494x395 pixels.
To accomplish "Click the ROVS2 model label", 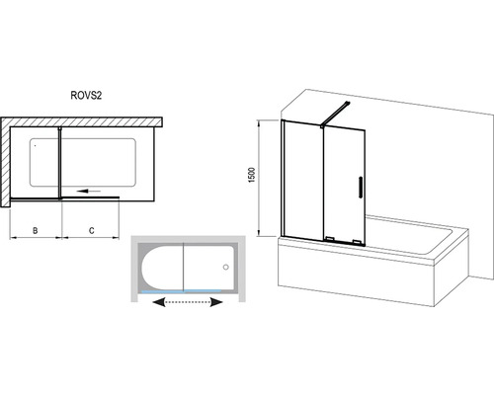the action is point(86,95).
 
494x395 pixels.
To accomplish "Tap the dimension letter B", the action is point(36,230).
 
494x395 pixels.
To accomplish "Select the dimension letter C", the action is point(92,230).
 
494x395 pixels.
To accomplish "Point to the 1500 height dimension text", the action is point(252,175).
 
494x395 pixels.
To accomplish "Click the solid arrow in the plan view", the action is point(87,191).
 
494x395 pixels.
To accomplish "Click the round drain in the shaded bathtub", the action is point(226,267).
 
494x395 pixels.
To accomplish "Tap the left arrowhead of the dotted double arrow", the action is point(159,302).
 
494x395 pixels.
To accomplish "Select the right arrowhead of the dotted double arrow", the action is point(216,302).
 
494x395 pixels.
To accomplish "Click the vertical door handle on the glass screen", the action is point(360,188).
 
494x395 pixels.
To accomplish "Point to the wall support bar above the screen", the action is point(335,114).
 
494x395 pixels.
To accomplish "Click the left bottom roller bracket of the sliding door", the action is point(330,239).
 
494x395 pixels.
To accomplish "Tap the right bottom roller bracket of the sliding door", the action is point(357,242).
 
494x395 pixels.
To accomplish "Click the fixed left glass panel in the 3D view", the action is point(302,181).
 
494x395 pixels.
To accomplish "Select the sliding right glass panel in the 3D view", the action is point(344,186).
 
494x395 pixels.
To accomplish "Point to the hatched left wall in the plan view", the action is point(5,162).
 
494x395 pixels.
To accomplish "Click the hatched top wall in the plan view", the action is point(82,121).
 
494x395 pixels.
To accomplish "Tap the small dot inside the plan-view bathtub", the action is point(35,145).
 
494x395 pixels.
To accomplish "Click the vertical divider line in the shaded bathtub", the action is point(183,267).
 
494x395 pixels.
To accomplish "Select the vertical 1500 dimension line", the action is point(260,178).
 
